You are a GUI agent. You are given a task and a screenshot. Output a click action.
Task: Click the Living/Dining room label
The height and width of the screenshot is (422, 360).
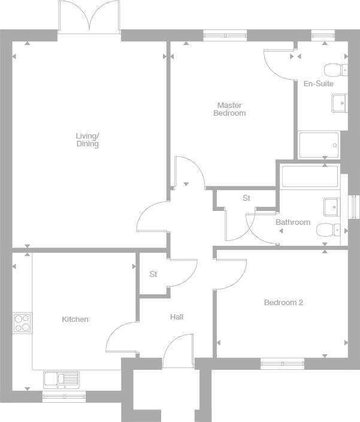point(87,140)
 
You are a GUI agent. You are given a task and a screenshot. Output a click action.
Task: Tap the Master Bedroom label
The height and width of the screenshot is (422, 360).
point(229,109)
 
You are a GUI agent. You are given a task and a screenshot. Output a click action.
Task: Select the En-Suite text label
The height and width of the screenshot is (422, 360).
point(318,84)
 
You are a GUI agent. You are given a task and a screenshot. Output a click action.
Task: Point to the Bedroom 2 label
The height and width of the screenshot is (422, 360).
point(283,303)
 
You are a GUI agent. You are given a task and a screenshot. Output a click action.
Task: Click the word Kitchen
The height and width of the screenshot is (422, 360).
point(75,319)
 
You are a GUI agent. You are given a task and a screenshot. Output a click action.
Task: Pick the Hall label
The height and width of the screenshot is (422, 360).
point(177,317)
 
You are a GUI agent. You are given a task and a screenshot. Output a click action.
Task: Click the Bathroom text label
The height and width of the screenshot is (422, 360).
point(293,222)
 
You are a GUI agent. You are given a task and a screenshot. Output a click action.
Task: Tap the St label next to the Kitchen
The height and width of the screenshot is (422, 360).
point(153,275)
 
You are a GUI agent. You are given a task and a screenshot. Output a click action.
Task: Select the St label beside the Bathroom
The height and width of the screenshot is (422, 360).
point(246,198)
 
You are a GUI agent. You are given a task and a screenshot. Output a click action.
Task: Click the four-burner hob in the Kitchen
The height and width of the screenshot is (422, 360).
point(23,323)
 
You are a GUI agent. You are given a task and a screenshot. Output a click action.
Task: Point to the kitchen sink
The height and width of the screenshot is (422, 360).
point(61,379)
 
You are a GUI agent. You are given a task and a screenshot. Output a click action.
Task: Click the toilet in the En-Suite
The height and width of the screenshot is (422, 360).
point(338,70)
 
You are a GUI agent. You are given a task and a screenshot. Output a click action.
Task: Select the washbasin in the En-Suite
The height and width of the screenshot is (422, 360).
point(339,103)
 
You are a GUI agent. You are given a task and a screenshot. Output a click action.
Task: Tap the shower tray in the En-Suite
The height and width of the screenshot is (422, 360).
point(319,144)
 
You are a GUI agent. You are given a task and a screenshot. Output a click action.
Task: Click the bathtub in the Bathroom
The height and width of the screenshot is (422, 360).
point(310,176)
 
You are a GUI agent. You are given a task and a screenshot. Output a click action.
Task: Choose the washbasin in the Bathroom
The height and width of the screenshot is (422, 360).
point(332,207)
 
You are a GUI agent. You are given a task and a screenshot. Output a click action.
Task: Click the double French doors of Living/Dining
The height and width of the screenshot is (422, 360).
point(90,16)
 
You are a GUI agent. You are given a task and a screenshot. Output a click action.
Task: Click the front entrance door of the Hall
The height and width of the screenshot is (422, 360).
point(179,352)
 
